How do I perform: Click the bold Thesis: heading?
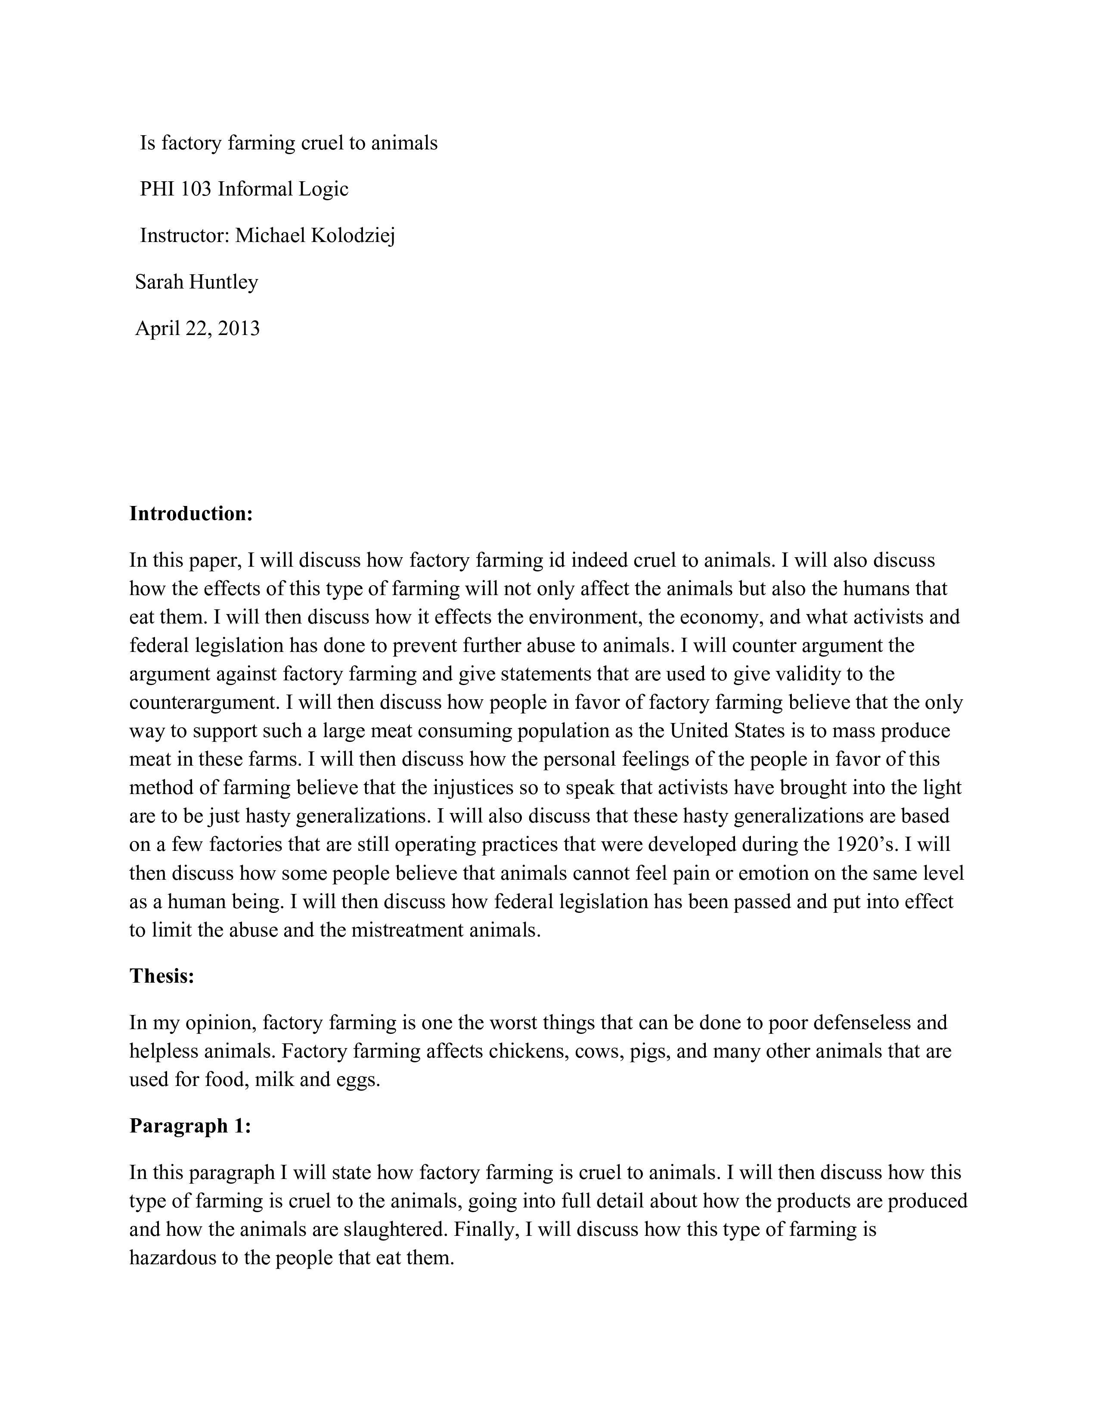[x=162, y=976]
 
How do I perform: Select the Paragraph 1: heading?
[x=190, y=1126]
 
